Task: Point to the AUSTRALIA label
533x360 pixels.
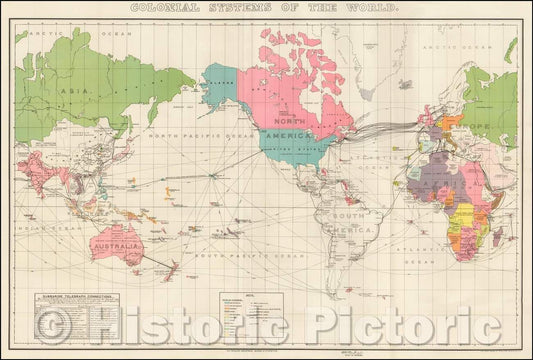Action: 114,244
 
